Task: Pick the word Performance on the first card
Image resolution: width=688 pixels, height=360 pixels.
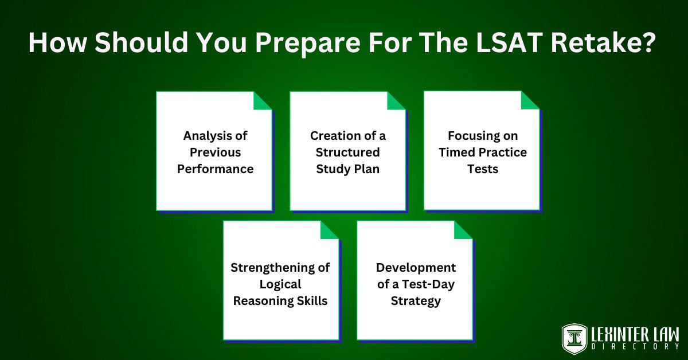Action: (x=215, y=169)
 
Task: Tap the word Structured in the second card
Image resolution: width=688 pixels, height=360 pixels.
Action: (x=348, y=152)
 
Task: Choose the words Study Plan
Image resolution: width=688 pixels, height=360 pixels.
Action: (x=348, y=169)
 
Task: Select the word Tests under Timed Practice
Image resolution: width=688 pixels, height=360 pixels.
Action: (x=483, y=169)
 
